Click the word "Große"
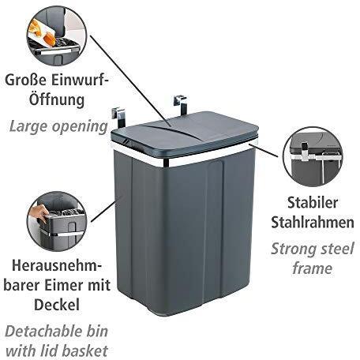26,80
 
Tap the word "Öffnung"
57,99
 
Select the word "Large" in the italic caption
28,127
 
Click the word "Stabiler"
313,203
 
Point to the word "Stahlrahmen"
313,223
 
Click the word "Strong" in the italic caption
294,249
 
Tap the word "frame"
312,268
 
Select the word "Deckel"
57,305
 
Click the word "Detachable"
44,332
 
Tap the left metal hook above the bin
119,116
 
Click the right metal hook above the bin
181,104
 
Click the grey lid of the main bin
185,133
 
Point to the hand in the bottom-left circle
39,212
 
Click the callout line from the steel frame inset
264,150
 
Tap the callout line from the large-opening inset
131,81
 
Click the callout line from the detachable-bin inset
104,212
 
